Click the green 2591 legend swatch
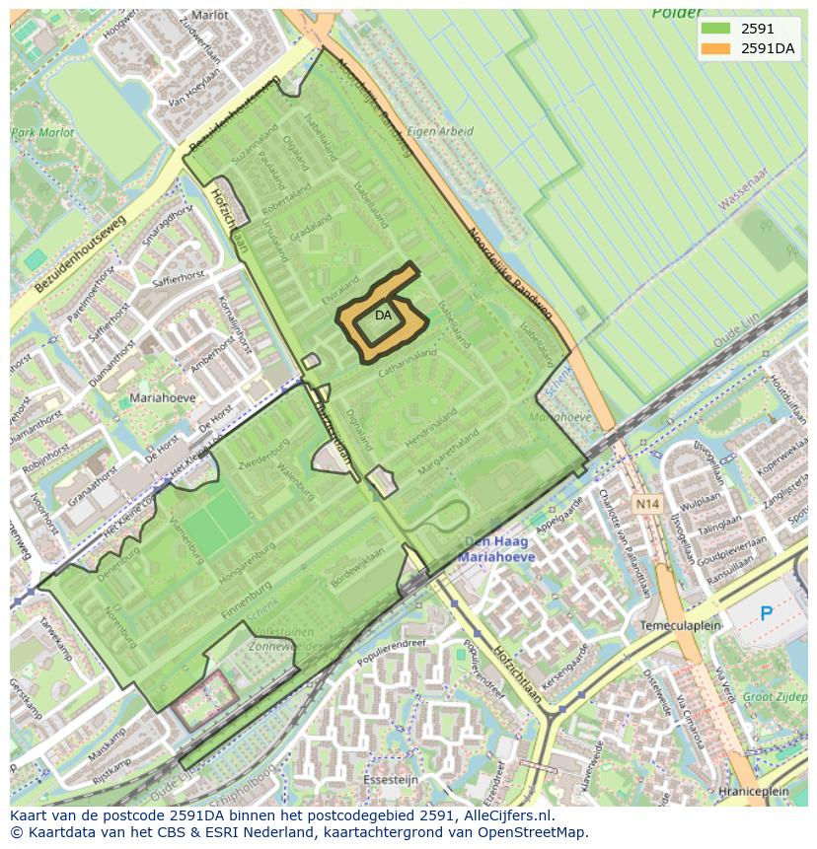coord(715,30)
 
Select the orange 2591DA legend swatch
coord(715,48)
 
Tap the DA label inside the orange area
coord(384,316)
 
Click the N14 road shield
coord(647,504)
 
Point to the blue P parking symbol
coord(767,613)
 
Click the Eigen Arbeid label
coord(440,131)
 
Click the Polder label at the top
coord(676,14)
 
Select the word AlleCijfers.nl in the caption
coord(505,815)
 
